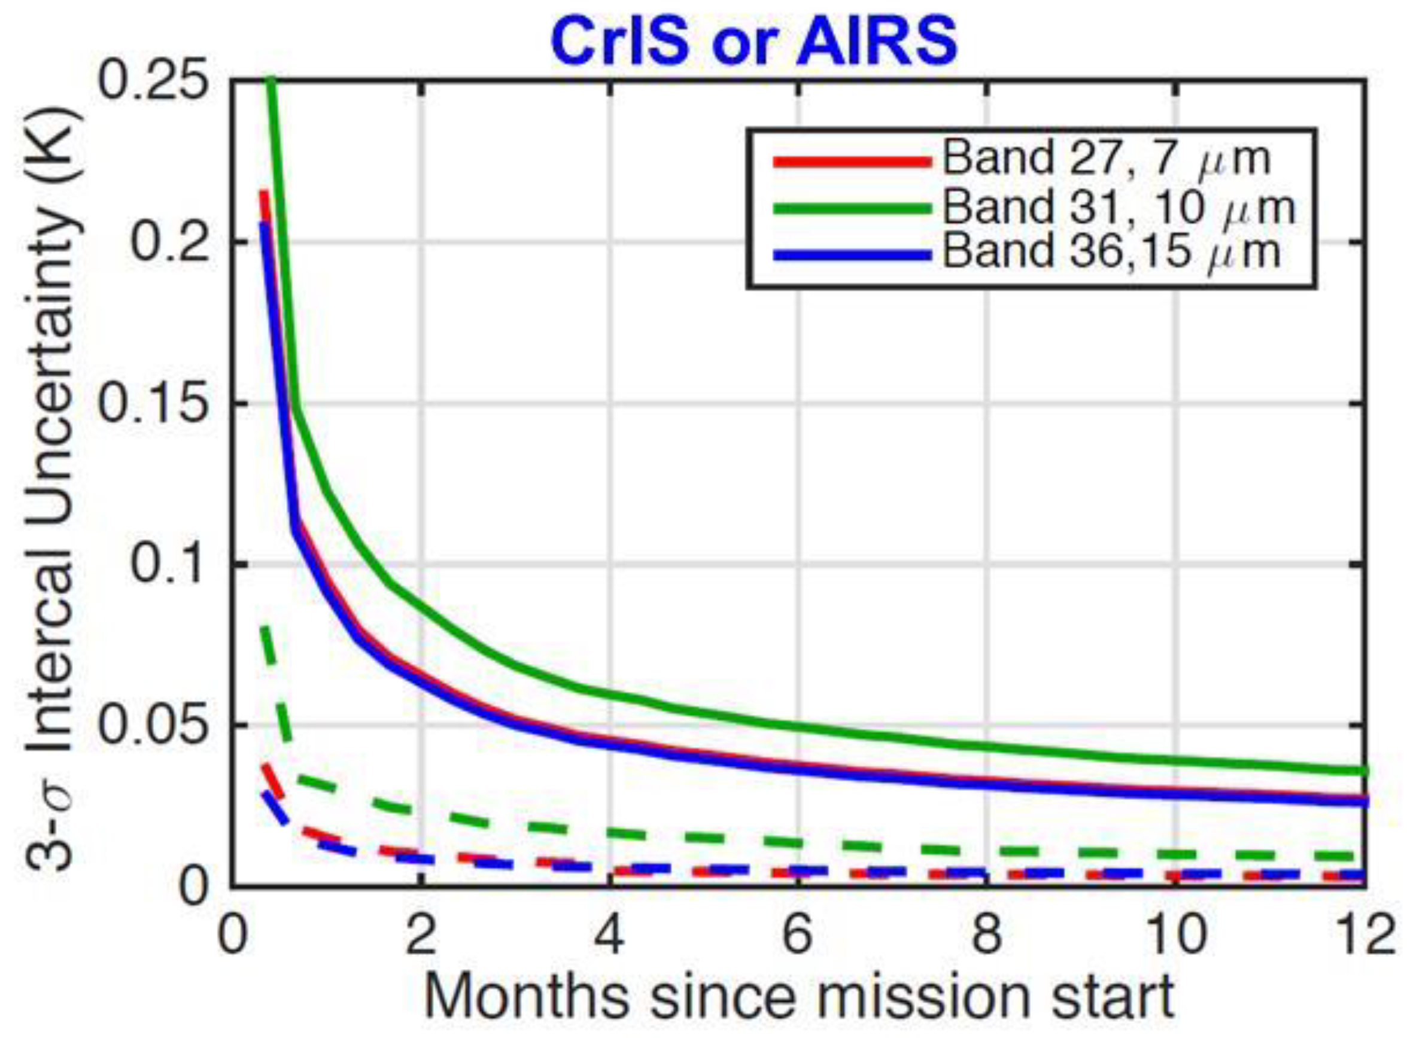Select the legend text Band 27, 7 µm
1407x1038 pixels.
point(1106,159)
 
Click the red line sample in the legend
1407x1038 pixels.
point(852,162)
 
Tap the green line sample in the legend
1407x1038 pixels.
point(852,208)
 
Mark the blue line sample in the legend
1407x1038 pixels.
point(852,254)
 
